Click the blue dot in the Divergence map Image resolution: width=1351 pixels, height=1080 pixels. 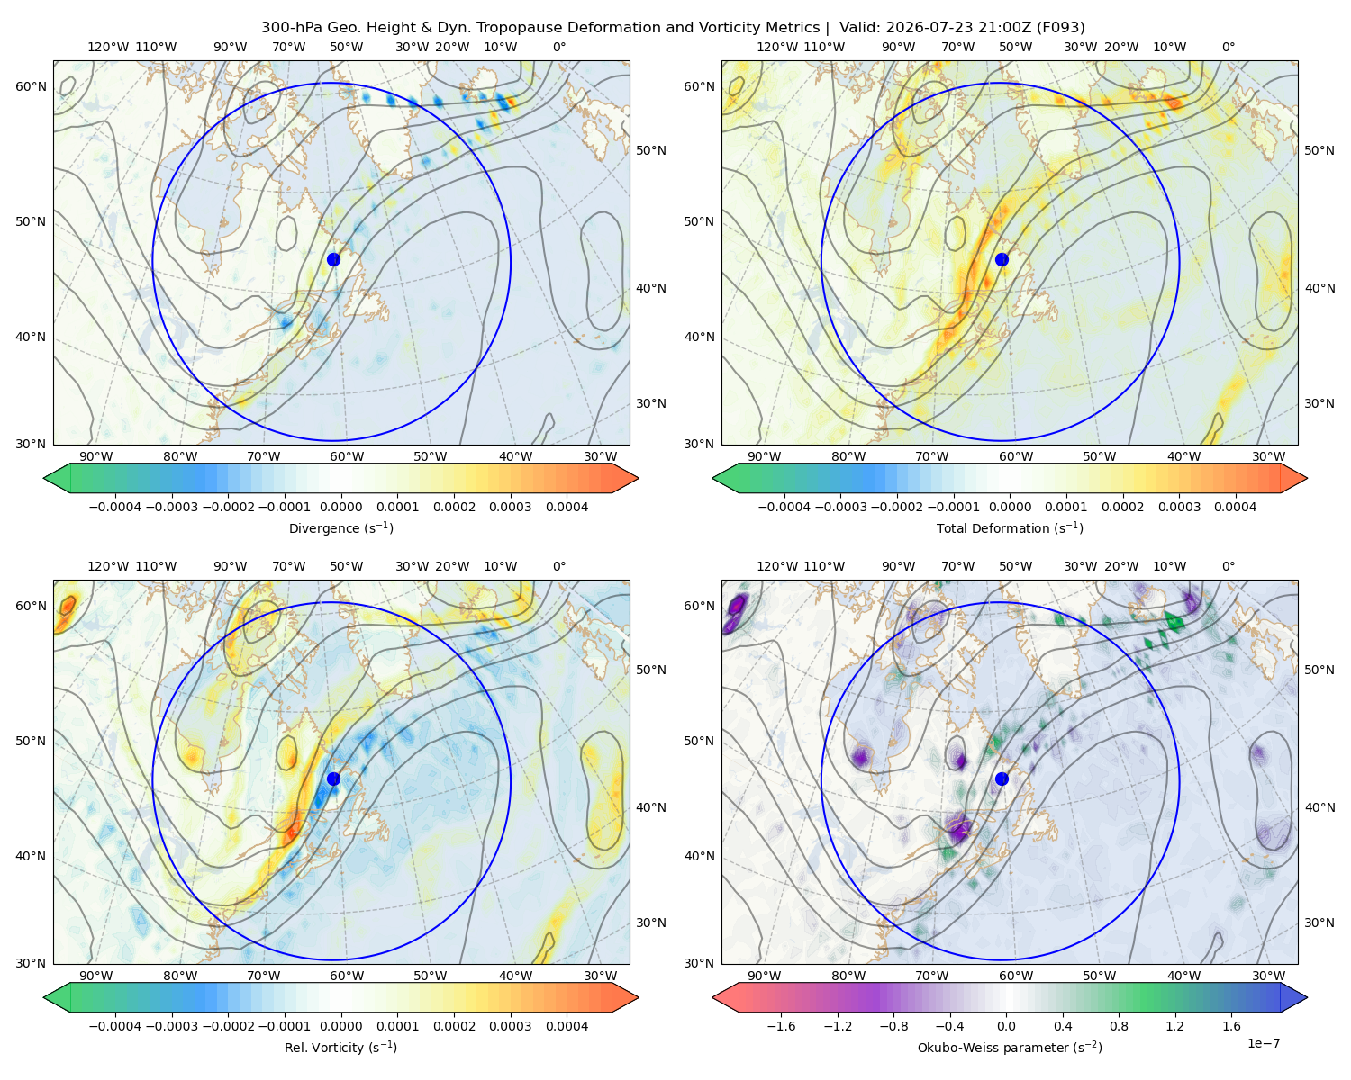333,260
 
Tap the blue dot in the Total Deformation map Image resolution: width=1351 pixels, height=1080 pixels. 1002,260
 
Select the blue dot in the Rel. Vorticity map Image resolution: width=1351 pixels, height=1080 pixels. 333,778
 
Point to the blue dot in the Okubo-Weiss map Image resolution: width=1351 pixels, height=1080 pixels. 1002,778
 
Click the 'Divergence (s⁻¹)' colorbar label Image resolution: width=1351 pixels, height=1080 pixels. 340,528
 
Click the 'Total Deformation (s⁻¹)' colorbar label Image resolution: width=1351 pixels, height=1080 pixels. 1010,528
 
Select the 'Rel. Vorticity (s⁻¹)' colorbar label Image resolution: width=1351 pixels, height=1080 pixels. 340,1048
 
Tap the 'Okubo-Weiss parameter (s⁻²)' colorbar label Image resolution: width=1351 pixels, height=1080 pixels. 1010,1048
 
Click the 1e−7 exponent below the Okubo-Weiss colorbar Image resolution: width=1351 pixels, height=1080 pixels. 1263,1043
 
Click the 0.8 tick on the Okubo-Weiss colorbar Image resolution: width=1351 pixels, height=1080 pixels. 1119,1026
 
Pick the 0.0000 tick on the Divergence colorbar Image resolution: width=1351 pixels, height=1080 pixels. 340,507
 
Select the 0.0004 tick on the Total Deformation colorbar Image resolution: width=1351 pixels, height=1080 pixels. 1235,507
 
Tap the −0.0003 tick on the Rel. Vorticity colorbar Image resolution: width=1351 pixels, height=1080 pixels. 171,1026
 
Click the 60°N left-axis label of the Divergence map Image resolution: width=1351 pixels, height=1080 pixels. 31,86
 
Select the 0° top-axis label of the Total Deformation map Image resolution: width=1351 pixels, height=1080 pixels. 1228,47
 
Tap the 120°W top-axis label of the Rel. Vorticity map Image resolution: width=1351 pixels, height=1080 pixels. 108,566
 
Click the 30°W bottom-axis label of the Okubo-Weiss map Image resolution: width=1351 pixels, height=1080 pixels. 1268,976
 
